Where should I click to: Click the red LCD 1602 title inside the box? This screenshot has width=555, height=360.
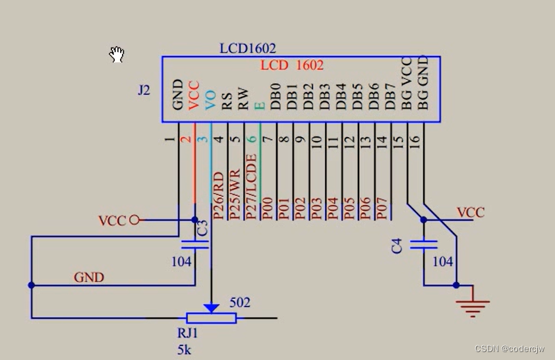(x=292, y=65)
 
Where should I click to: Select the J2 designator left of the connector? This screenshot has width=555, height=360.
(x=144, y=90)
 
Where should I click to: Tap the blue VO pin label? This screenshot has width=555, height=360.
(x=211, y=100)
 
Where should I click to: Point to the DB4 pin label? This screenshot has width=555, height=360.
(x=341, y=96)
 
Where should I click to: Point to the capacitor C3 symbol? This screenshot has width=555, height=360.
(x=194, y=245)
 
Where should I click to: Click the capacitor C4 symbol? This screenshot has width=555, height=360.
(x=423, y=245)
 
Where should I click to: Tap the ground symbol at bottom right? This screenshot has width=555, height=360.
(x=473, y=306)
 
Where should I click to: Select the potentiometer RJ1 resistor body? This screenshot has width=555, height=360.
(x=211, y=318)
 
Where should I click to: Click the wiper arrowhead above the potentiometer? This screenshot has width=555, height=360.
(x=211, y=307)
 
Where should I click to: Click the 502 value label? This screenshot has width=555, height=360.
(x=239, y=303)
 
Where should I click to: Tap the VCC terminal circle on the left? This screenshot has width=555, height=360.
(x=134, y=220)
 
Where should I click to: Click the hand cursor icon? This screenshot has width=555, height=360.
(x=117, y=55)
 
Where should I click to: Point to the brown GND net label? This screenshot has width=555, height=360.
(x=88, y=277)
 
